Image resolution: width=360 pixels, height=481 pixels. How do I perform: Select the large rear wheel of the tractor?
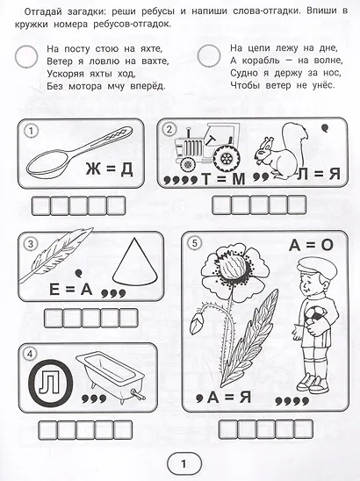[x=227, y=158]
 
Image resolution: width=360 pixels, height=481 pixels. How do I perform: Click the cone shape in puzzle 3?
[x=135, y=261]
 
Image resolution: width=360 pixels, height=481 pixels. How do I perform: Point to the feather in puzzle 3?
[x=55, y=255]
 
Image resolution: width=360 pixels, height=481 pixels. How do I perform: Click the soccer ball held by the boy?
[x=315, y=319]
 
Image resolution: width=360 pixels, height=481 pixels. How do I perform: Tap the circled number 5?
[x=194, y=243]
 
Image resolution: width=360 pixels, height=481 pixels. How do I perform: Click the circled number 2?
[x=169, y=130]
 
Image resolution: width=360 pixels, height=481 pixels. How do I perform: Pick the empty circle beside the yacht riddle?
[x=26, y=56]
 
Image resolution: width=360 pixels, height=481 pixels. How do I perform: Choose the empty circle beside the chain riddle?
[x=209, y=55]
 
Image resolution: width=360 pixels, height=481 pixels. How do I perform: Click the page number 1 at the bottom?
[x=184, y=463]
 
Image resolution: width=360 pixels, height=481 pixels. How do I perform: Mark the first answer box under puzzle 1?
[x=41, y=206]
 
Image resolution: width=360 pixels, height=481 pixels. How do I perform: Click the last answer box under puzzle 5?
[x=303, y=429]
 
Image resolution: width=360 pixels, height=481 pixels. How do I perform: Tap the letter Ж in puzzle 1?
[x=93, y=169]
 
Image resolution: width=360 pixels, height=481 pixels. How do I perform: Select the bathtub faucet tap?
[x=138, y=394]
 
